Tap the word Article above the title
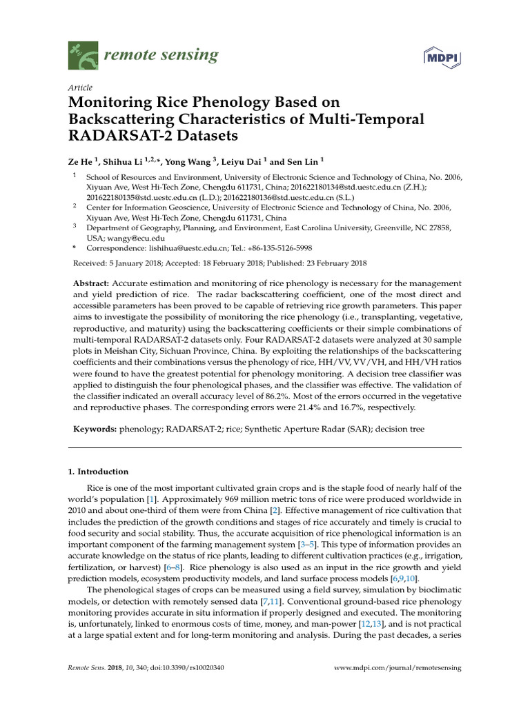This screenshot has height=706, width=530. tap(80, 88)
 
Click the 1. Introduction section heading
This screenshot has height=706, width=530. tap(98, 472)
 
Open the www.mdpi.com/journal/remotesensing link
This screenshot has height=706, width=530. tap(397, 668)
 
